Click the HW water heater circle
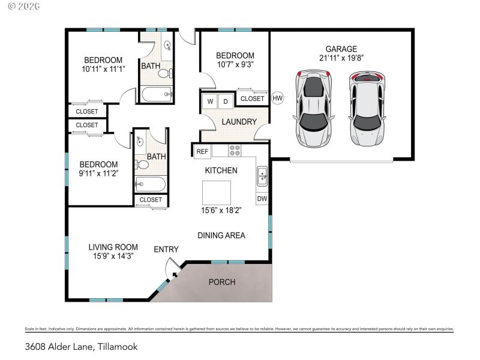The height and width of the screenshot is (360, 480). point(277,98)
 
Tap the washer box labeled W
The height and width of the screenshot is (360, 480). point(210,101)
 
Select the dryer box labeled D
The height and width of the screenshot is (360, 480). point(226,101)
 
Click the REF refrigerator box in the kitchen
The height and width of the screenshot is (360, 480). point(202,152)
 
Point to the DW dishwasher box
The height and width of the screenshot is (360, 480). point(262,198)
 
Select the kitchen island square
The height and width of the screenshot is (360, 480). point(216,193)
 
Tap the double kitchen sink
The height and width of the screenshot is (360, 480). point(262,176)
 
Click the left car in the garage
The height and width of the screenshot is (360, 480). point(313,108)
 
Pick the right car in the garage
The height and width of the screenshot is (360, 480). point(367,109)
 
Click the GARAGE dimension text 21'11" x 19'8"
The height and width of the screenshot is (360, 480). point(341,58)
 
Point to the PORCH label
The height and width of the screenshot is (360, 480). point(221,282)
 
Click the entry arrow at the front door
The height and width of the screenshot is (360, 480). point(175,274)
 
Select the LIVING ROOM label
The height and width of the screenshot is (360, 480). point(113,247)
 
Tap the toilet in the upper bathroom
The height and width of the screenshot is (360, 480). point(166,74)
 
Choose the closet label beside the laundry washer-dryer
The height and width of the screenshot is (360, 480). point(253,98)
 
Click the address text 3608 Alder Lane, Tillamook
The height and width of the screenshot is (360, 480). point(81,346)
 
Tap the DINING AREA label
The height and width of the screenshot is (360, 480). point(221,235)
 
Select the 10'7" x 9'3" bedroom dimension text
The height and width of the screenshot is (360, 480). point(235,65)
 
